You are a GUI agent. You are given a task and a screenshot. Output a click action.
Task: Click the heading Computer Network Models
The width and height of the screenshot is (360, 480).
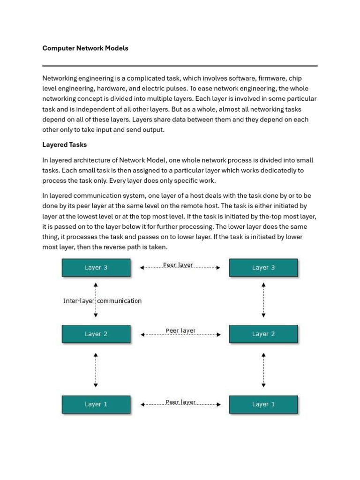click(85, 48)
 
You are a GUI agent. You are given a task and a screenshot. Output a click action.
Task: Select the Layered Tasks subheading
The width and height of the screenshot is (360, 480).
click(65, 145)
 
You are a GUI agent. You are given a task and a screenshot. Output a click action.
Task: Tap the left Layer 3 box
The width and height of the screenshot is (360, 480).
click(96, 268)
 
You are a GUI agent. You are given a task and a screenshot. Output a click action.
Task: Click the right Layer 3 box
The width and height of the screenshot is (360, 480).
click(263, 268)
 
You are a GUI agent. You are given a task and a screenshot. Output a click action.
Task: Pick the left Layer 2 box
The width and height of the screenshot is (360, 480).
click(96, 334)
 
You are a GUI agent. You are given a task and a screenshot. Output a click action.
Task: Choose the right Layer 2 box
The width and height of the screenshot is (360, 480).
click(263, 334)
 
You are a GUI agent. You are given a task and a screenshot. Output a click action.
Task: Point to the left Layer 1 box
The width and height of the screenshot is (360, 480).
click(96, 404)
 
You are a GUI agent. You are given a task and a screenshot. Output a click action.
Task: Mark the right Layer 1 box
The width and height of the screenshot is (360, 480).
click(263, 404)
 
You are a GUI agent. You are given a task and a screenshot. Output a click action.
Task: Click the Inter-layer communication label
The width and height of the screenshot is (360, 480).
click(102, 301)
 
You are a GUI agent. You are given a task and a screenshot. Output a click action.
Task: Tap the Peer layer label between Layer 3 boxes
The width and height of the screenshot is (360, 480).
click(178, 265)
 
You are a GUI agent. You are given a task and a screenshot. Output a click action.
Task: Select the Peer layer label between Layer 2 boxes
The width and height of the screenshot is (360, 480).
click(180, 331)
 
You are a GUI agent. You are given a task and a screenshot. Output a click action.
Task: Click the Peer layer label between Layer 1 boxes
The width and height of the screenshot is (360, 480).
click(180, 402)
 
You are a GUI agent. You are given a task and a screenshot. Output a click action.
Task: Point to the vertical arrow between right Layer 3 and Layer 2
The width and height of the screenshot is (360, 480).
click(264, 300)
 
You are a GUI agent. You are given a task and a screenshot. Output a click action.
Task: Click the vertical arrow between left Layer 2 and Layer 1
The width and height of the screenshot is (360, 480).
click(96, 370)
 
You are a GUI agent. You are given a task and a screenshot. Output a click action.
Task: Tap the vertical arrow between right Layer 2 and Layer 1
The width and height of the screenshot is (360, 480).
click(264, 370)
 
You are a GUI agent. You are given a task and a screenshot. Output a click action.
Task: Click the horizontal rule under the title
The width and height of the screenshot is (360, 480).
click(180, 66)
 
